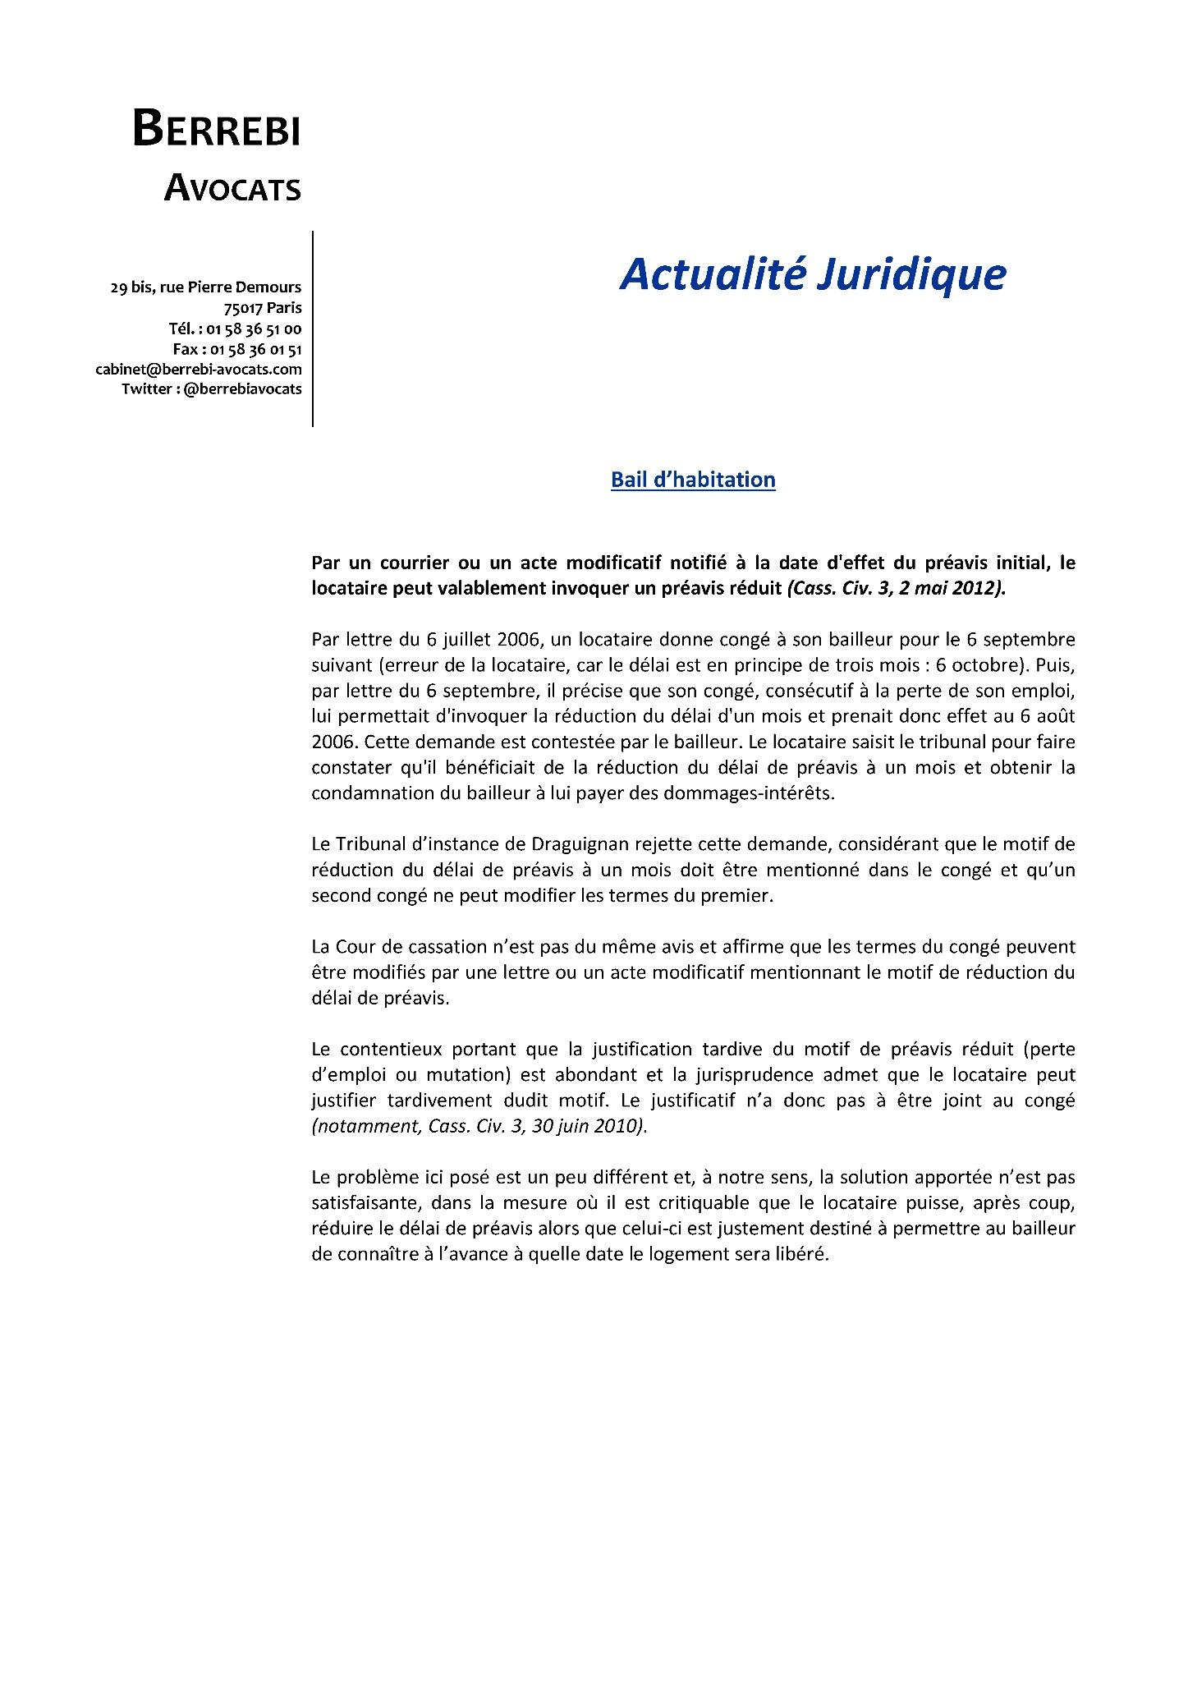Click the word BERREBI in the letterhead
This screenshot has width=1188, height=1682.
(x=217, y=130)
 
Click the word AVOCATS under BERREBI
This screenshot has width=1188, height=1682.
(x=232, y=189)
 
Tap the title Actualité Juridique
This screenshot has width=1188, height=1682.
(x=812, y=274)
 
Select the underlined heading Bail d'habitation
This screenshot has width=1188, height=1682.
(x=693, y=480)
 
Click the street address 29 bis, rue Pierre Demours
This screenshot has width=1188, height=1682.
(x=206, y=287)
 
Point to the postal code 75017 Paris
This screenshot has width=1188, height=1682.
(x=262, y=308)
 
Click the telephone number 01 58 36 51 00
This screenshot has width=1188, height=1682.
(x=254, y=329)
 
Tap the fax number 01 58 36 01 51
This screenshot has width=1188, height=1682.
(x=256, y=349)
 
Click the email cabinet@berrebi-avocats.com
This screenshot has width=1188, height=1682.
(x=199, y=370)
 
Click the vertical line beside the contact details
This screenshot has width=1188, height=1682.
(x=313, y=329)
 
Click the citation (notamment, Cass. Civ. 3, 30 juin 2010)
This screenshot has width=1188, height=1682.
(x=479, y=1126)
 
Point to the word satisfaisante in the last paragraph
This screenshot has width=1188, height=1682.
(x=361, y=1202)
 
